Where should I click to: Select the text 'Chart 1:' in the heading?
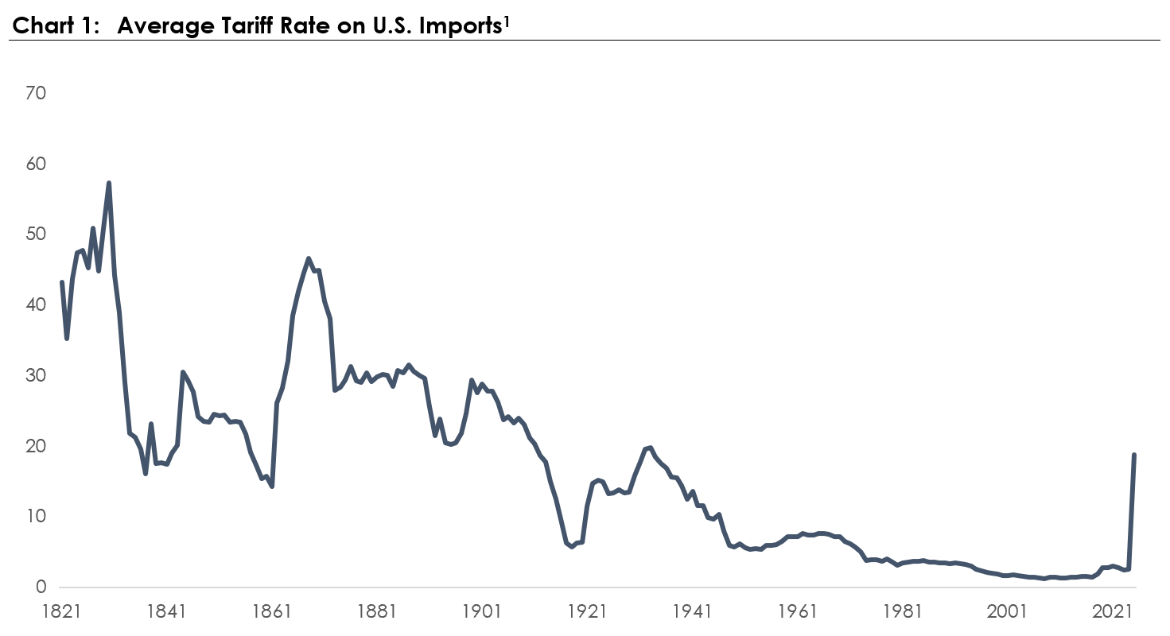click(56, 25)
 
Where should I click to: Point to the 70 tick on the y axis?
click(36, 93)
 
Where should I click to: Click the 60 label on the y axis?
click(36, 164)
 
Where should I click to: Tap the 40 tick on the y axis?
click(36, 304)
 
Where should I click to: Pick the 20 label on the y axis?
click(36, 445)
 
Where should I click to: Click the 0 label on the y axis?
click(41, 587)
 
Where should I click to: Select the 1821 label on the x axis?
click(61, 611)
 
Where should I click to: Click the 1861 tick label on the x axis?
click(271, 611)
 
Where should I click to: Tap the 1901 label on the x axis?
click(481, 611)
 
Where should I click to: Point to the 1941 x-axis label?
click(692, 611)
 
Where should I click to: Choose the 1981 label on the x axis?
click(902, 611)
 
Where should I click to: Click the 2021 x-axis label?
click(1112, 611)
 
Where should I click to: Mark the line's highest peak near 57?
click(109, 184)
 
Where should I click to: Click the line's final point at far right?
click(1134, 455)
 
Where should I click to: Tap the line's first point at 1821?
click(61, 282)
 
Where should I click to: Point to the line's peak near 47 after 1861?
click(308, 258)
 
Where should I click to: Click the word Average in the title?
click(165, 26)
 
